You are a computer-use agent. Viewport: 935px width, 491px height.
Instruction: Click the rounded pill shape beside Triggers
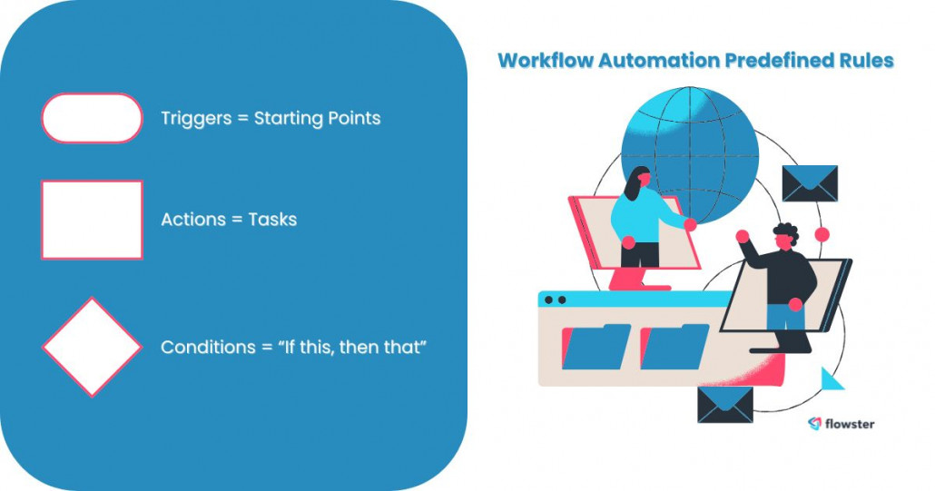[x=92, y=118]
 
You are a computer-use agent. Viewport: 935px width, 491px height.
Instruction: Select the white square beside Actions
[x=92, y=220]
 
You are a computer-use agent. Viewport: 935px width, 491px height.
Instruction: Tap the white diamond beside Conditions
[x=92, y=347]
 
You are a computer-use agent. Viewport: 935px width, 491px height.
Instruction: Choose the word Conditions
[x=205, y=347]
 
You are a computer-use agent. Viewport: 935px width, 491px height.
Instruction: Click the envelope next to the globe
[x=810, y=182]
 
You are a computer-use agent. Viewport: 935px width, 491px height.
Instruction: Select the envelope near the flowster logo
[x=724, y=404]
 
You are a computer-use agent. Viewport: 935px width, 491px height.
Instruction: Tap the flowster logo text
[x=849, y=424]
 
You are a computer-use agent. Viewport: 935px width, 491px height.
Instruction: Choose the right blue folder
[x=674, y=347]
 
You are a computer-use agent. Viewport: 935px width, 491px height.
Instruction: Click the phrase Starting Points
[x=317, y=118]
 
